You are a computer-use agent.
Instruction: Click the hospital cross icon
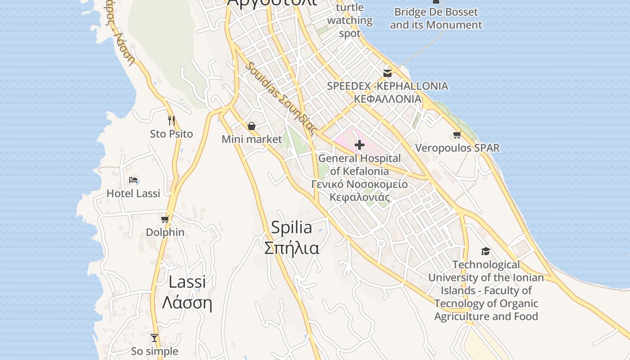pyautogui.click(x=360, y=145)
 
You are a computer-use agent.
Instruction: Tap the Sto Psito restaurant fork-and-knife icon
pyautogui.click(x=171, y=120)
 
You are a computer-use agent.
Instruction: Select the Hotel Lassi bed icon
pyautogui.click(x=133, y=180)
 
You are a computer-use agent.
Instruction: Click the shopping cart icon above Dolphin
pyautogui.click(x=165, y=219)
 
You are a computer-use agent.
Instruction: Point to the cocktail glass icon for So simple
pyautogui.click(x=154, y=337)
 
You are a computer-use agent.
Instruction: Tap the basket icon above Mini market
pyautogui.click(x=252, y=126)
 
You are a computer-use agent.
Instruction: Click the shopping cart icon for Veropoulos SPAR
pyautogui.click(x=457, y=135)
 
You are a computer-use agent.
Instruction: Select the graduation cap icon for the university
pyautogui.click(x=486, y=251)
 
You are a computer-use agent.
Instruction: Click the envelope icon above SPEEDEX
pyautogui.click(x=387, y=73)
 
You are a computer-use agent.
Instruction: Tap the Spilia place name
pyautogui.click(x=292, y=228)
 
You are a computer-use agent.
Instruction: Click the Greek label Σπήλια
pyautogui.click(x=292, y=248)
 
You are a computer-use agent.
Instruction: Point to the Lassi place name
pyautogui.click(x=187, y=282)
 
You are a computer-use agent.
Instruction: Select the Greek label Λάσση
pyautogui.click(x=187, y=303)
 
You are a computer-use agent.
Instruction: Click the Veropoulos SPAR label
pyautogui.click(x=457, y=148)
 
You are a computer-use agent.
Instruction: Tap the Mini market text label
pyautogui.click(x=252, y=139)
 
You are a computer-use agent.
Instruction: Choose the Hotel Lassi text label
pyautogui.click(x=133, y=193)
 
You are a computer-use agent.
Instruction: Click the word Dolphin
pyautogui.click(x=165, y=232)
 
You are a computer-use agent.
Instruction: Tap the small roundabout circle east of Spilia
pyautogui.click(x=381, y=243)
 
